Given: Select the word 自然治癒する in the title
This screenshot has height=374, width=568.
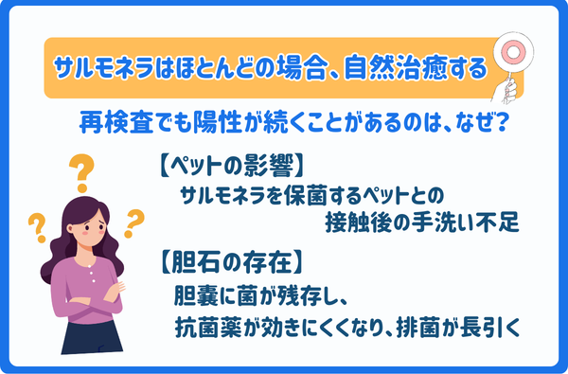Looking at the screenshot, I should click(430, 69).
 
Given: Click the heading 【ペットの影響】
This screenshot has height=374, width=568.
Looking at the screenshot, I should click(226, 167).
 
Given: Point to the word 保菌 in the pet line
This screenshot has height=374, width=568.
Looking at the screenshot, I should click(319, 195).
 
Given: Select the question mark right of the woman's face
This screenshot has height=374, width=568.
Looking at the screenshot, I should click(133, 222).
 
